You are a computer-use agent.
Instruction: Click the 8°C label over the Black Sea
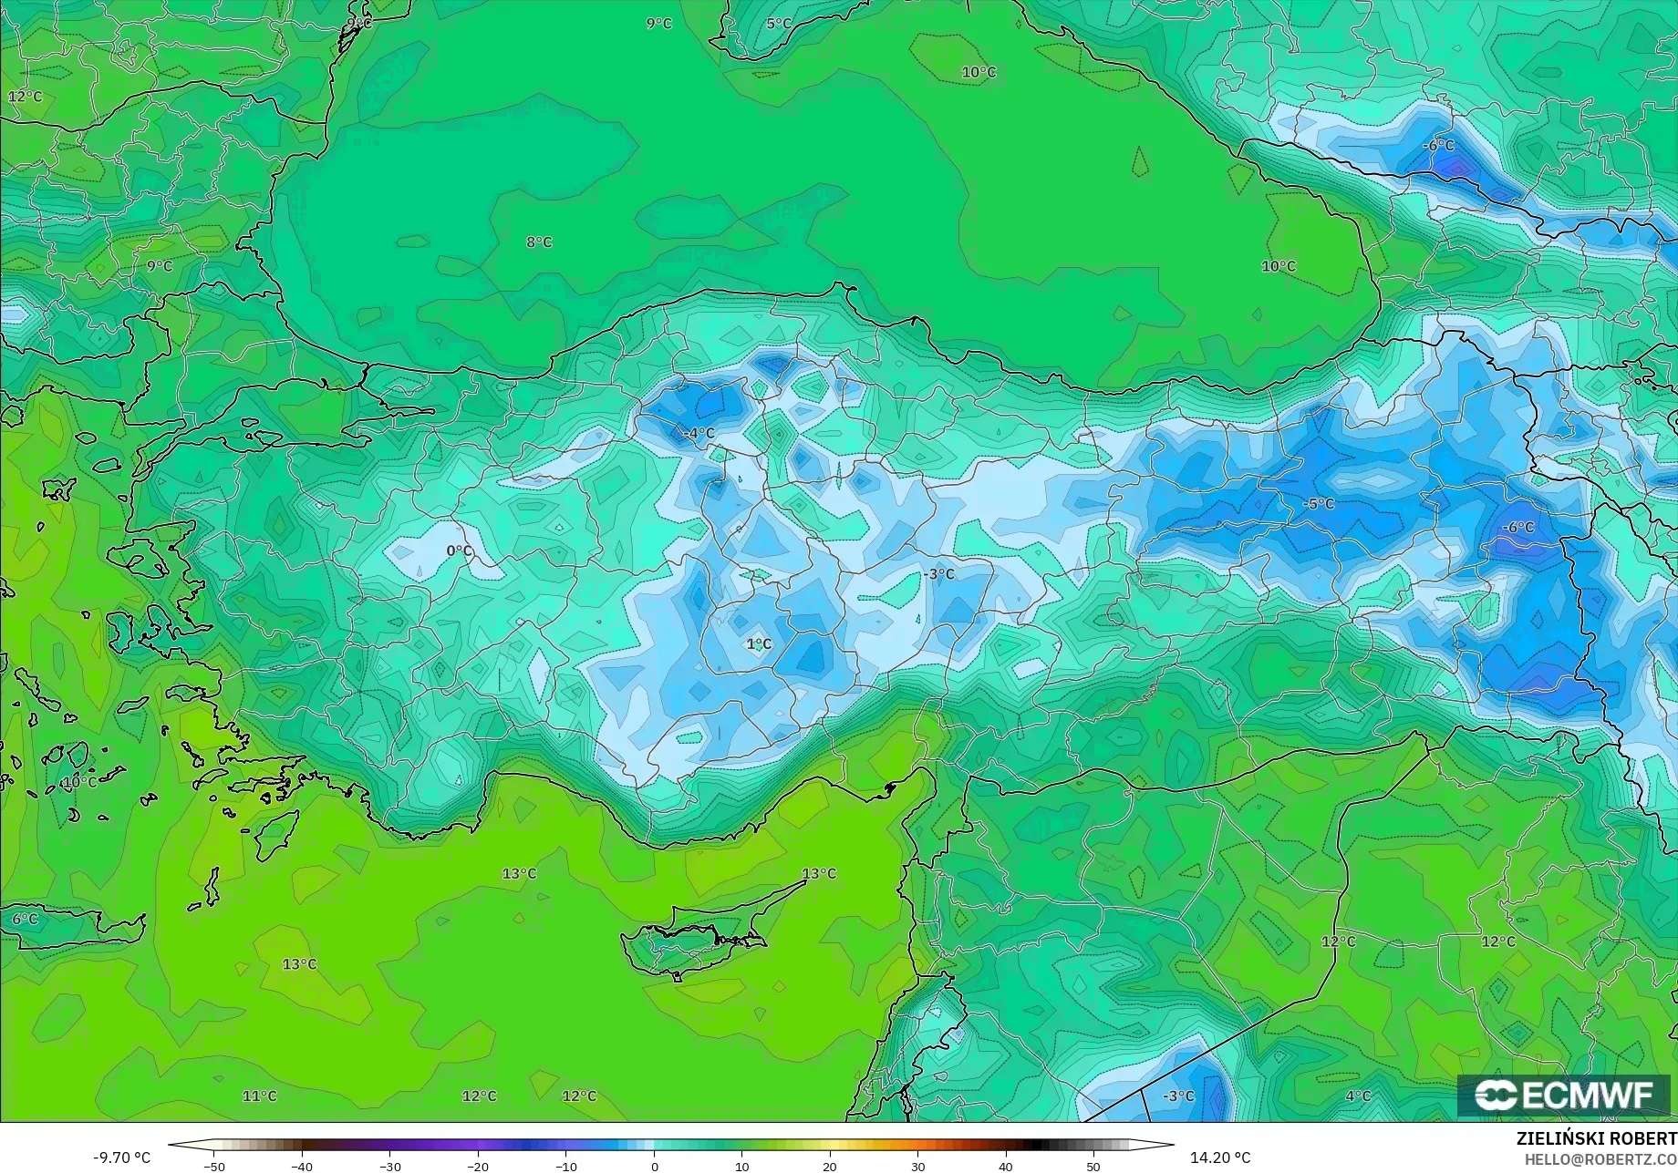tap(539, 242)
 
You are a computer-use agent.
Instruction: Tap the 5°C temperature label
tap(779, 24)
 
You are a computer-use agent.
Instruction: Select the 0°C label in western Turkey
tap(460, 551)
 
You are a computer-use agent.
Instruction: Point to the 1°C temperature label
tap(759, 644)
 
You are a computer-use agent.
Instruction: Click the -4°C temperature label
tap(699, 433)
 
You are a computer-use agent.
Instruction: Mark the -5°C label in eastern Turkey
tap(1319, 504)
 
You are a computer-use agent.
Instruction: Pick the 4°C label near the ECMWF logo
tap(1358, 1096)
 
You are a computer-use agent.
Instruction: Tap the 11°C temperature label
tap(259, 1096)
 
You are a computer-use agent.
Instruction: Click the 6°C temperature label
tap(25, 919)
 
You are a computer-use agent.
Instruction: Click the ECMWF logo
tap(1564, 1096)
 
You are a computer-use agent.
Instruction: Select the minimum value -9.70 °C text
tap(121, 1158)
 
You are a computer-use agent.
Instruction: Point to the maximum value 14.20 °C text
tap(1220, 1158)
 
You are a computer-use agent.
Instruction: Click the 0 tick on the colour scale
tap(654, 1166)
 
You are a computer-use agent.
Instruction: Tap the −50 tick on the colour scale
tap(214, 1166)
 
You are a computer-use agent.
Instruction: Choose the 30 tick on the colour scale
tap(917, 1166)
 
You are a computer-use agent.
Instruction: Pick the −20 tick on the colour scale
tap(477, 1166)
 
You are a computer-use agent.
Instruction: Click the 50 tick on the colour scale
tap(1093, 1166)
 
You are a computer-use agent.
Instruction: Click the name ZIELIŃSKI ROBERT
tap(1596, 1138)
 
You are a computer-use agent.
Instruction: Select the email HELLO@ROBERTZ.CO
tap(1600, 1159)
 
